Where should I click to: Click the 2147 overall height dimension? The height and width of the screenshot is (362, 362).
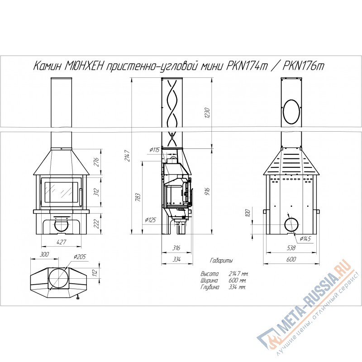128,156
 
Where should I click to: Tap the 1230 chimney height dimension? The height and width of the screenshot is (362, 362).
207,113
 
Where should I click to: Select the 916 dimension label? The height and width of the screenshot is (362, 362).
207,191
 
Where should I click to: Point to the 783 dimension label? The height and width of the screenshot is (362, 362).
138,197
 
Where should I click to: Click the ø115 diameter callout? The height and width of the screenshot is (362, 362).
155,150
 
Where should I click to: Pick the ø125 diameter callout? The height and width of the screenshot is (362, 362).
150,220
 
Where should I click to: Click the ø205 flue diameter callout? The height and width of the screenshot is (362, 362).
80,257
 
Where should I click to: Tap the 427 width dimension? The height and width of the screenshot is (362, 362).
61,242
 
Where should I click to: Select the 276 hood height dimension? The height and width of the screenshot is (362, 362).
96,162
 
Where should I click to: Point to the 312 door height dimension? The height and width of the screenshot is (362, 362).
96,192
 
